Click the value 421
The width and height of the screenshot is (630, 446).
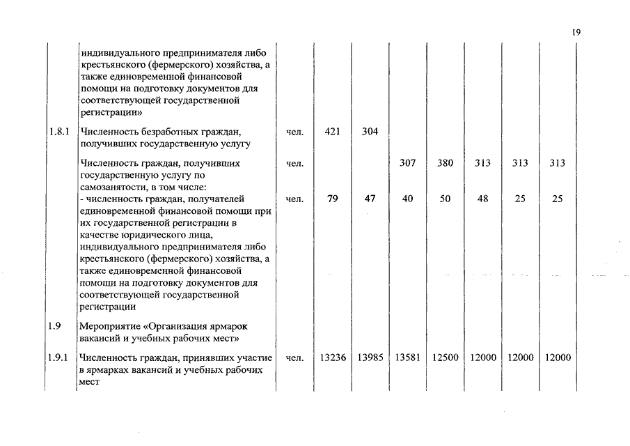[332, 132]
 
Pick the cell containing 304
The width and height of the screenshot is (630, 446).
[370, 132]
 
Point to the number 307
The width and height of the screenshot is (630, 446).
[407, 163]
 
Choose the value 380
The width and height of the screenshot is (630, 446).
[445, 163]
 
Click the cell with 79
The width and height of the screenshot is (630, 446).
[332, 199]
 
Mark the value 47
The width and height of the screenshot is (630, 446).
[370, 199]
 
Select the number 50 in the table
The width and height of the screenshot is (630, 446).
[445, 199]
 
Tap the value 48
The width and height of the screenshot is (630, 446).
[482, 199]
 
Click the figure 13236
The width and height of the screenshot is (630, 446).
[332, 357]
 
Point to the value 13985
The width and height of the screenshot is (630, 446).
[370, 357]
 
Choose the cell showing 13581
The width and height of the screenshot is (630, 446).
[407, 357]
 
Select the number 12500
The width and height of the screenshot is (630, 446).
[445, 357]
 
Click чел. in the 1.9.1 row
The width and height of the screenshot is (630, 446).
[294, 357]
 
